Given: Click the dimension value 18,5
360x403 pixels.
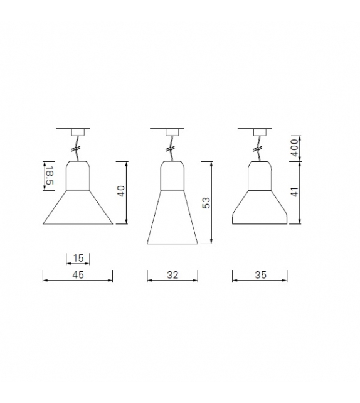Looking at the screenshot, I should point(49,175).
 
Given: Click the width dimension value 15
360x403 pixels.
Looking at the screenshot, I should point(78,258).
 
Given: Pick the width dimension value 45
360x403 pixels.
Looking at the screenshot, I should point(78,274).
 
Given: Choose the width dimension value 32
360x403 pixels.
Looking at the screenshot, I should point(172,274).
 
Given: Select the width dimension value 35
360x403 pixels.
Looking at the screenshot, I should point(260,274).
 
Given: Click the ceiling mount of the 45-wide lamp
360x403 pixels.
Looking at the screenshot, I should point(78,131).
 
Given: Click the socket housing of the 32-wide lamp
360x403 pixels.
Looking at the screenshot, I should point(172,175).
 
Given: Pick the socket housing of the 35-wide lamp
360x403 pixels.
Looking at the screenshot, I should point(259,175).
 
